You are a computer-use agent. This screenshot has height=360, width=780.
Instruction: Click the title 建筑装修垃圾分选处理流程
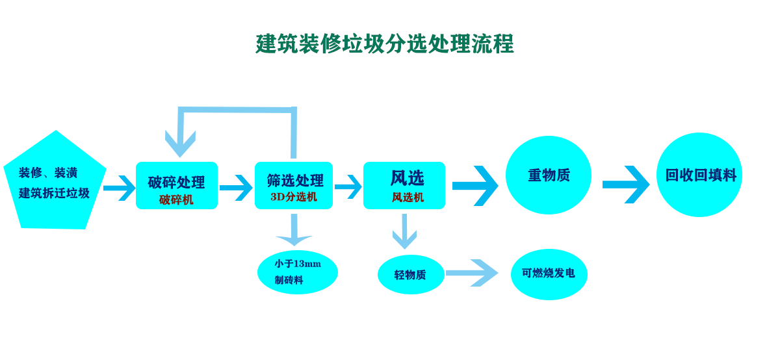coord(384,44)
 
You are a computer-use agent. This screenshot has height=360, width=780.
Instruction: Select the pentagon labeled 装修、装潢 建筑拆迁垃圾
coord(55,181)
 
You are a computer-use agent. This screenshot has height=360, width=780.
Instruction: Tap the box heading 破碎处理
coord(176,182)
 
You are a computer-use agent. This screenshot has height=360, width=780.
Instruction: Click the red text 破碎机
coord(176,199)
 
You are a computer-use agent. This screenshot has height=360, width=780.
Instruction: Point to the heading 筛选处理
coord(295,181)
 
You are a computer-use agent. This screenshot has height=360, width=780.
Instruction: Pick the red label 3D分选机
coord(294,197)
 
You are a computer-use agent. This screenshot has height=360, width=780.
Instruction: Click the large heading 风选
coord(407,178)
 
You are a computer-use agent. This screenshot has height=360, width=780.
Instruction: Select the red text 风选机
coord(408,198)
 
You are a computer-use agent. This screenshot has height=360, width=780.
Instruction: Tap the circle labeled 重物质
coord(549,175)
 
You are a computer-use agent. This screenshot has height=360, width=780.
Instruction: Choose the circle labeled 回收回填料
coord(699,175)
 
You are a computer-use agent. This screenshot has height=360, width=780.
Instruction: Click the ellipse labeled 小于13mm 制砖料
coord(298,272)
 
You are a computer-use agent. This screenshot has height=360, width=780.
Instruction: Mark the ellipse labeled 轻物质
coord(411,275)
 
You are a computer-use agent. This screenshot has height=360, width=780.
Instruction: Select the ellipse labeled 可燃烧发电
coord(549,274)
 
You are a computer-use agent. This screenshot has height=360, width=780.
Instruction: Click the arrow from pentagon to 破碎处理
coord(120,188)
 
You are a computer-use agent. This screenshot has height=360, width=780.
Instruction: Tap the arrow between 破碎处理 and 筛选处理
coord(236,188)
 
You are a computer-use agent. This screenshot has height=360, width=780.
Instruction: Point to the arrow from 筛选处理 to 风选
coord(348,187)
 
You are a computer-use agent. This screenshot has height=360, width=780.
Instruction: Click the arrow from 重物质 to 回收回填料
coord(626,185)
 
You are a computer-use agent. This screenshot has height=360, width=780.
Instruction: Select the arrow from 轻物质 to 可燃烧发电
coord(472,273)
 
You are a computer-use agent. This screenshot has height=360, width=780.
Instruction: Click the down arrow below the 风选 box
coord(404,231)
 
